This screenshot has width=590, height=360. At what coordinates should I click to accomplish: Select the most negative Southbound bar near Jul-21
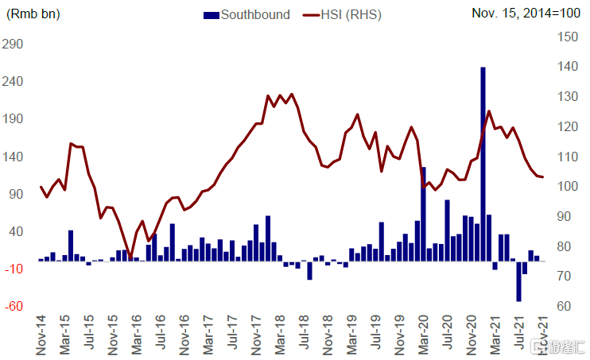pos(518,281)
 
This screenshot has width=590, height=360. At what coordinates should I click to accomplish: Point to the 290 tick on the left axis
pos(14,45)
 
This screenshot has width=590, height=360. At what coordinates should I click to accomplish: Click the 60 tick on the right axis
pos(567,306)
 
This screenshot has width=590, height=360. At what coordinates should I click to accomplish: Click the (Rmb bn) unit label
pos(33,14)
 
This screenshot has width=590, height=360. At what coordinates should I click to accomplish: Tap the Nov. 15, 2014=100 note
pos(526,14)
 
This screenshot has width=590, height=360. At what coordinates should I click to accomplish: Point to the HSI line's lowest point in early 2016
pos(130,258)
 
